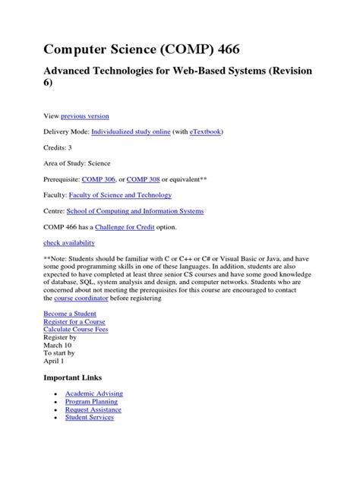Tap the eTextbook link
(x=201, y=131)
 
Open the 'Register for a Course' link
(x=75, y=323)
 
